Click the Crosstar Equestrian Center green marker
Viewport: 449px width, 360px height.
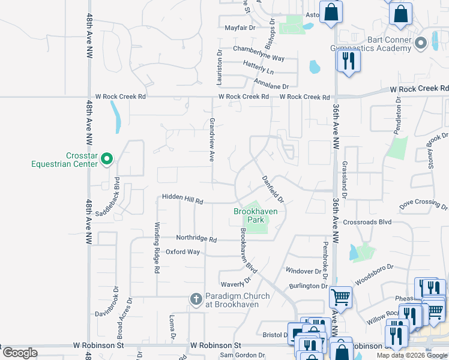[107, 159]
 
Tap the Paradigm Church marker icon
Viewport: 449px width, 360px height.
[195, 299]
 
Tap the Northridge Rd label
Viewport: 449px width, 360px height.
[196, 238]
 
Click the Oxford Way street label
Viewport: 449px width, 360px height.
[182, 252]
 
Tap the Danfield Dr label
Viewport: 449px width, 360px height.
[273, 188]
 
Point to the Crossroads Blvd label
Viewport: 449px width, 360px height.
[367, 222]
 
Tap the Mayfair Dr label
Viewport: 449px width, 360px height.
[240, 28]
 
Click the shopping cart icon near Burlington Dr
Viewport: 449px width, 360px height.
[340, 296]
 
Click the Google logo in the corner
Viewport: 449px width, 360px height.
[20, 353]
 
